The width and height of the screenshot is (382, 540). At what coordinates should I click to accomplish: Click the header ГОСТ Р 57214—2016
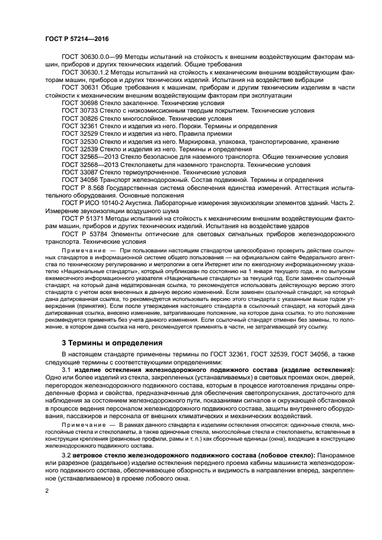77,39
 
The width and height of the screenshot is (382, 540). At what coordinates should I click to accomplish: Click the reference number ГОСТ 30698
82,102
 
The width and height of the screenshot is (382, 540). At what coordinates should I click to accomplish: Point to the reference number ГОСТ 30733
82,110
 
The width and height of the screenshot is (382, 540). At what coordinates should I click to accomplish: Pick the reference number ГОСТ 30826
82,118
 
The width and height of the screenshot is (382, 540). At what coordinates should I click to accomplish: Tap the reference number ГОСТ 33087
82,172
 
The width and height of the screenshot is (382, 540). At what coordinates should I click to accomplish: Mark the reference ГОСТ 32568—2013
92,165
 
